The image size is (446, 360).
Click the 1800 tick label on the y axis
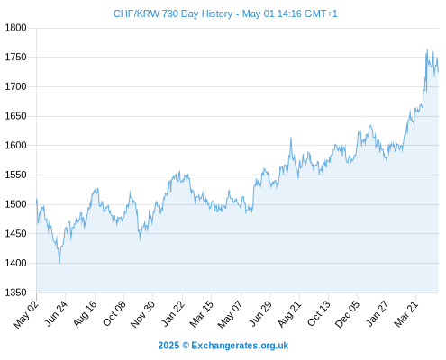click(x=15, y=28)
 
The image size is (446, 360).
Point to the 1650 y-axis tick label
click(x=15, y=116)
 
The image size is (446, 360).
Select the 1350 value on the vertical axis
click(x=15, y=292)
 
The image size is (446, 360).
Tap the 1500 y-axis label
click(x=15, y=204)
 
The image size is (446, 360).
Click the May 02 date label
click(x=26, y=314)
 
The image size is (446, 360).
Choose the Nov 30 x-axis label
click(x=142, y=314)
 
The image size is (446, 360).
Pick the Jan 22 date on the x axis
click(x=173, y=313)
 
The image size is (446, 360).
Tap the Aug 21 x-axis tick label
click(x=289, y=314)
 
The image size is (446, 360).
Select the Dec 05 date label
click(x=347, y=314)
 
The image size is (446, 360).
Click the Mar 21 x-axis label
click(x=406, y=314)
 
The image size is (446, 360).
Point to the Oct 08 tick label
click(x=114, y=313)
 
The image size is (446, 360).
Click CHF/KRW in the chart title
click(x=136, y=13)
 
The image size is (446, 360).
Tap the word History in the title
click(x=217, y=13)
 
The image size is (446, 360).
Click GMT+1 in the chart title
click(x=321, y=13)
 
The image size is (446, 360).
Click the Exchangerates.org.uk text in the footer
click(x=240, y=346)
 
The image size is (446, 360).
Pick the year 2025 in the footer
click(x=168, y=346)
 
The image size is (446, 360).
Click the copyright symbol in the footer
click(x=186, y=346)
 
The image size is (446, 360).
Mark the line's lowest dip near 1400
click(x=59, y=263)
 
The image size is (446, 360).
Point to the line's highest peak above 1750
click(x=427, y=49)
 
